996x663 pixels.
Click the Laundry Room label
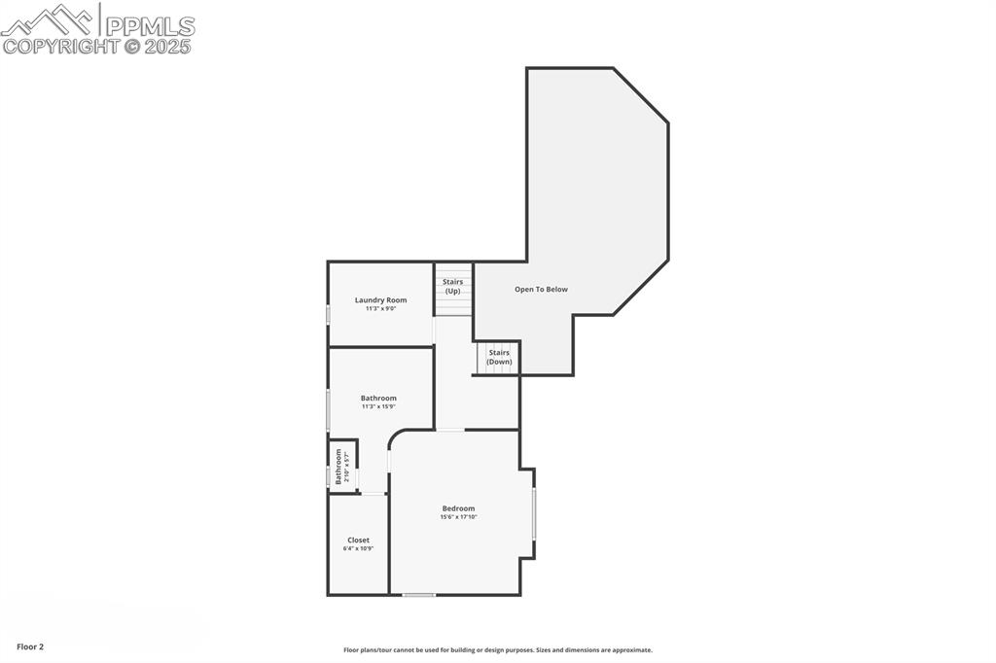point(380,300)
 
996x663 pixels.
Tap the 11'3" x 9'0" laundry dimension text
point(380,309)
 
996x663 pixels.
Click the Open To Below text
point(541,289)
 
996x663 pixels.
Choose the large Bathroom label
point(378,398)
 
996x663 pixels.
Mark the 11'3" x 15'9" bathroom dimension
point(378,406)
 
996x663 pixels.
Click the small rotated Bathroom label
point(338,467)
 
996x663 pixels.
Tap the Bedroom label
point(458,508)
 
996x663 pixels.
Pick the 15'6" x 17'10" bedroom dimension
point(458,517)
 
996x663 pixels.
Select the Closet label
point(358,540)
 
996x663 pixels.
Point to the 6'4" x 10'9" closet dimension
point(358,548)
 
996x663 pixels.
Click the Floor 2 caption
point(30,646)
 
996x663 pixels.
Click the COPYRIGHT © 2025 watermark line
point(96,46)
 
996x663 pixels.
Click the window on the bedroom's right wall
point(534,513)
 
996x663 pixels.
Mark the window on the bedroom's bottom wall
point(419,594)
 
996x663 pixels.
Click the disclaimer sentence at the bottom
point(497,650)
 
